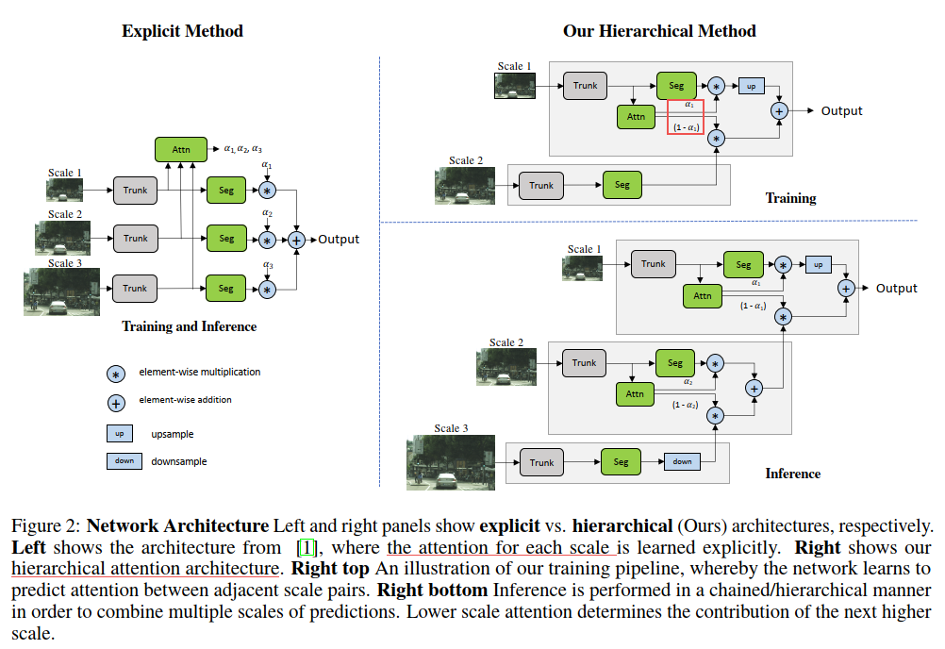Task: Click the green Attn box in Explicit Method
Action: [x=181, y=149]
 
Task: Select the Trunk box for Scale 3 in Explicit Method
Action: [x=135, y=289]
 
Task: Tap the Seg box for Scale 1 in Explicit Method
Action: [x=226, y=190]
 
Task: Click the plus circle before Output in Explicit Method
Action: [x=297, y=240]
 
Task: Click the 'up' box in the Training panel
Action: [x=751, y=86]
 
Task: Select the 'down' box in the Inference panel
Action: [x=682, y=461]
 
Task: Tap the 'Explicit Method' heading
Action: [x=182, y=31]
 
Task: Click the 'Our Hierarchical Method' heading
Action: [x=659, y=31]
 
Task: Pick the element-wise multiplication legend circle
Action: [x=116, y=373]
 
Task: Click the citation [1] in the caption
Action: [x=307, y=548]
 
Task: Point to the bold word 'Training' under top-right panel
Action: [x=790, y=198]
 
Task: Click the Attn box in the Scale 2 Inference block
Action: [x=635, y=393]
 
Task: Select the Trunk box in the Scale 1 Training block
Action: [x=585, y=86]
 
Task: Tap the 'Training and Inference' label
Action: [x=189, y=326]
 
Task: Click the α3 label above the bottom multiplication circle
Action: [x=268, y=266]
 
